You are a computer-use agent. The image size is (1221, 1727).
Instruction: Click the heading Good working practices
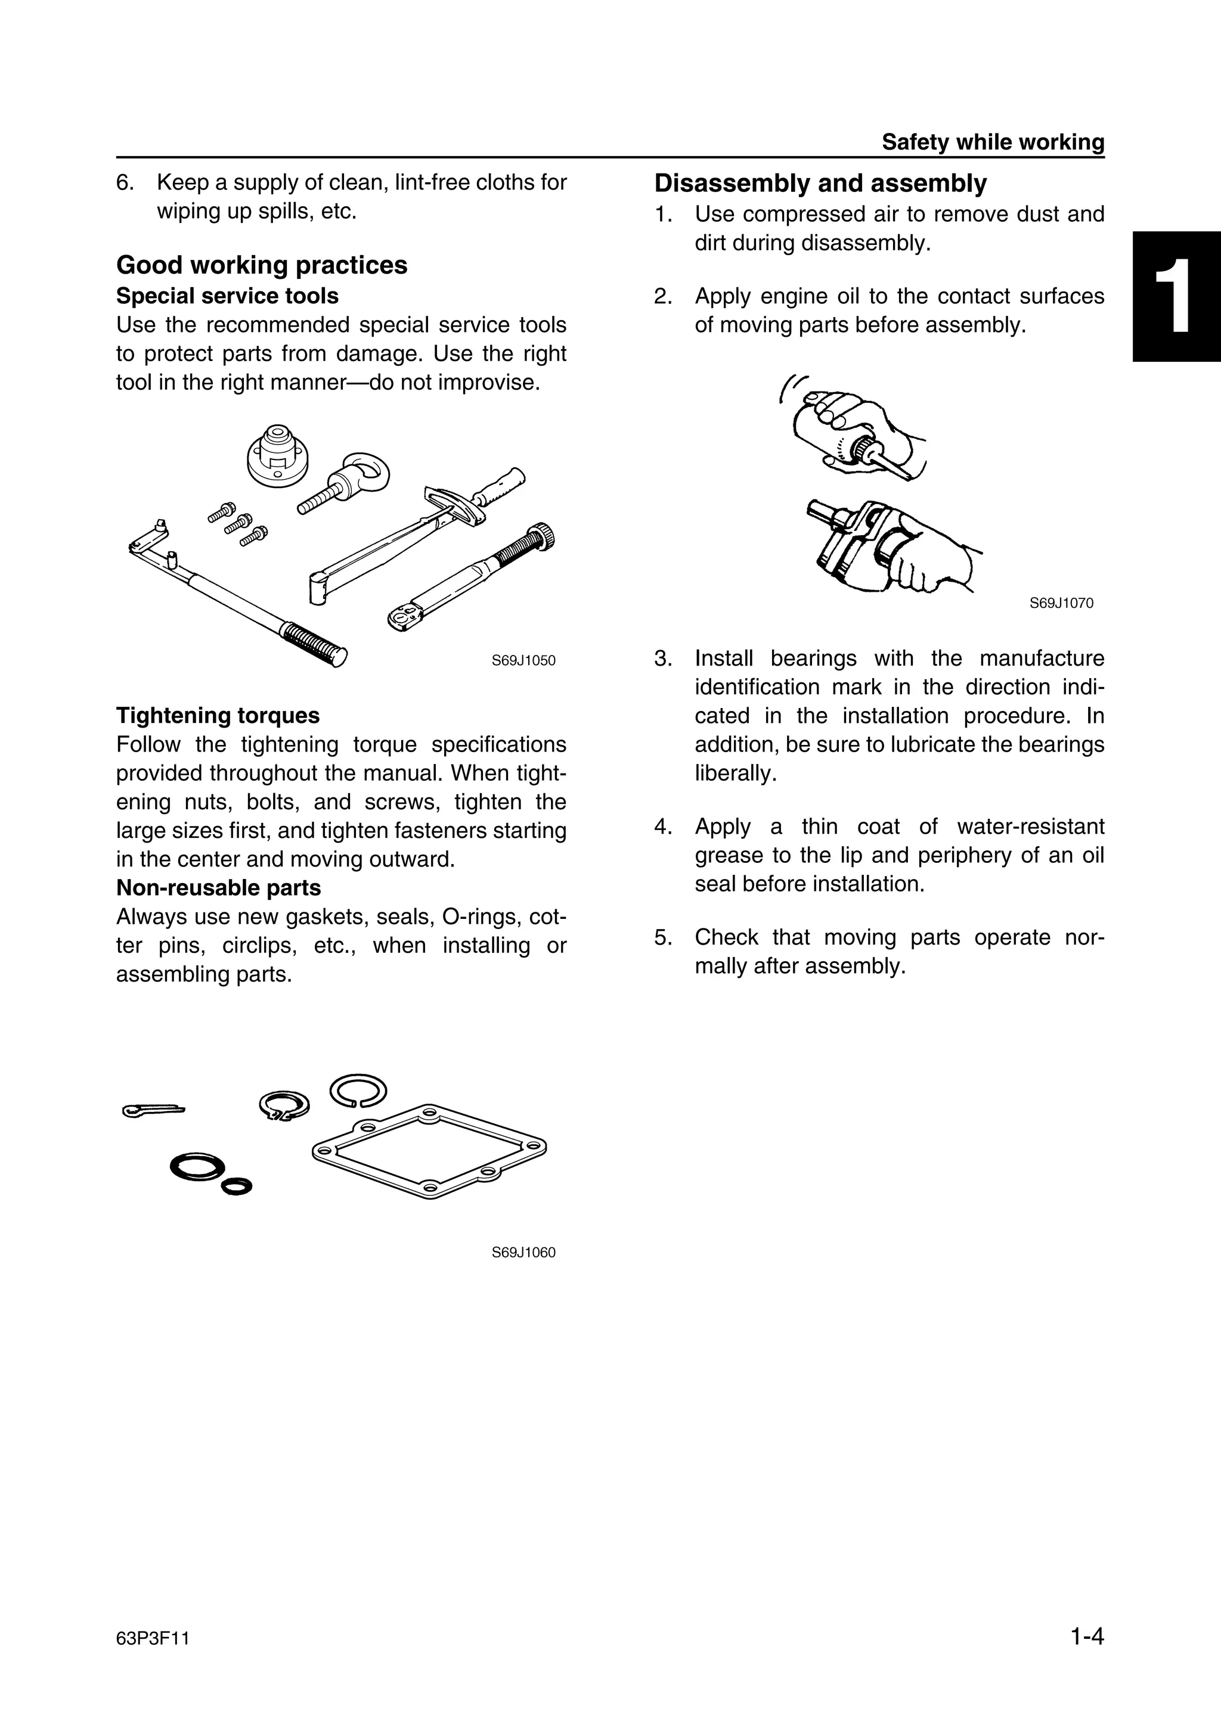pyautogui.click(x=262, y=265)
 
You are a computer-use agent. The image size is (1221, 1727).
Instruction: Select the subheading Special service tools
pyautogui.click(x=227, y=296)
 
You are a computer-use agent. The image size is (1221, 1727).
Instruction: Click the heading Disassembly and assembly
pyautogui.click(x=820, y=183)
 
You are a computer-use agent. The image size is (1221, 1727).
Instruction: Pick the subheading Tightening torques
pyautogui.click(x=218, y=715)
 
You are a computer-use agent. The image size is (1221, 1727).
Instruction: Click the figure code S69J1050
pyautogui.click(x=523, y=660)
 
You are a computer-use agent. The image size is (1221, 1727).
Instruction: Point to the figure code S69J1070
pyautogui.click(x=1061, y=602)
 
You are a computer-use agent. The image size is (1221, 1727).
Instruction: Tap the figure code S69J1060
pyautogui.click(x=523, y=1253)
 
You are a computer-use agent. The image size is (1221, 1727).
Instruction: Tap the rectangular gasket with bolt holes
pyautogui.click(x=429, y=1150)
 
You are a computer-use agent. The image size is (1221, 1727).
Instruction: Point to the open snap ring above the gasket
pyautogui.click(x=358, y=1091)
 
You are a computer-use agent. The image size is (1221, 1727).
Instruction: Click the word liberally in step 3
pyautogui.click(x=735, y=774)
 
